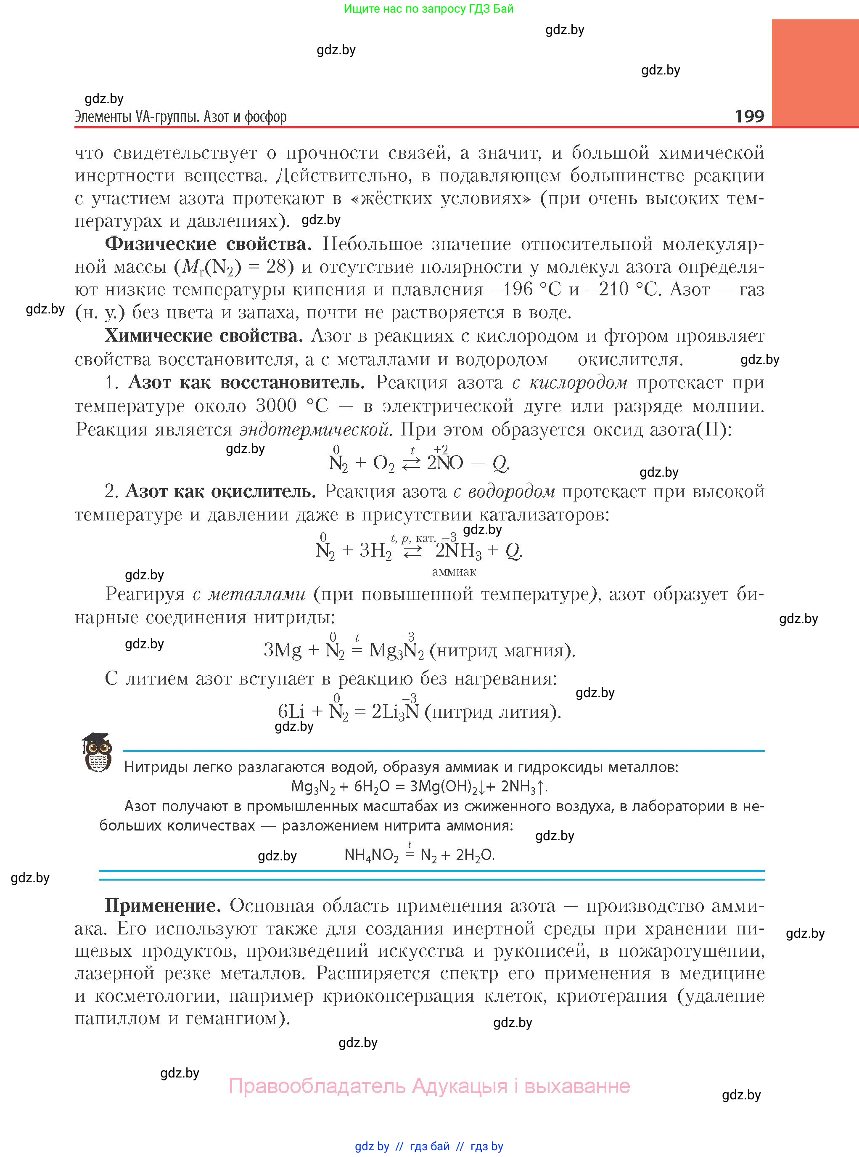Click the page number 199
click(x=749, y=116)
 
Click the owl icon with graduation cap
click(x=97, y=752)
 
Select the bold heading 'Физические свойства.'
click(x=208, y=244)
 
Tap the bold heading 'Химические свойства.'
click(x=204, y=336)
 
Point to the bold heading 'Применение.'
click(x=163, y=906)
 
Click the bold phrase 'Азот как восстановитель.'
click(x=246, y=382)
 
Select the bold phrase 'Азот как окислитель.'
click(x=220, y=491)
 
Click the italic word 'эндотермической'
click(x=315, y=430)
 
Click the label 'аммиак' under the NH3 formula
click(x=454, y=572)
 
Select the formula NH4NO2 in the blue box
click(x=371, y=855)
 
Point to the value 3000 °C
click(x=292, y=406)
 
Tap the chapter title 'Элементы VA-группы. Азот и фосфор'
click(x=180, y=117)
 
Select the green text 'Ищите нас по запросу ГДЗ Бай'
click(x=428, y=9)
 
